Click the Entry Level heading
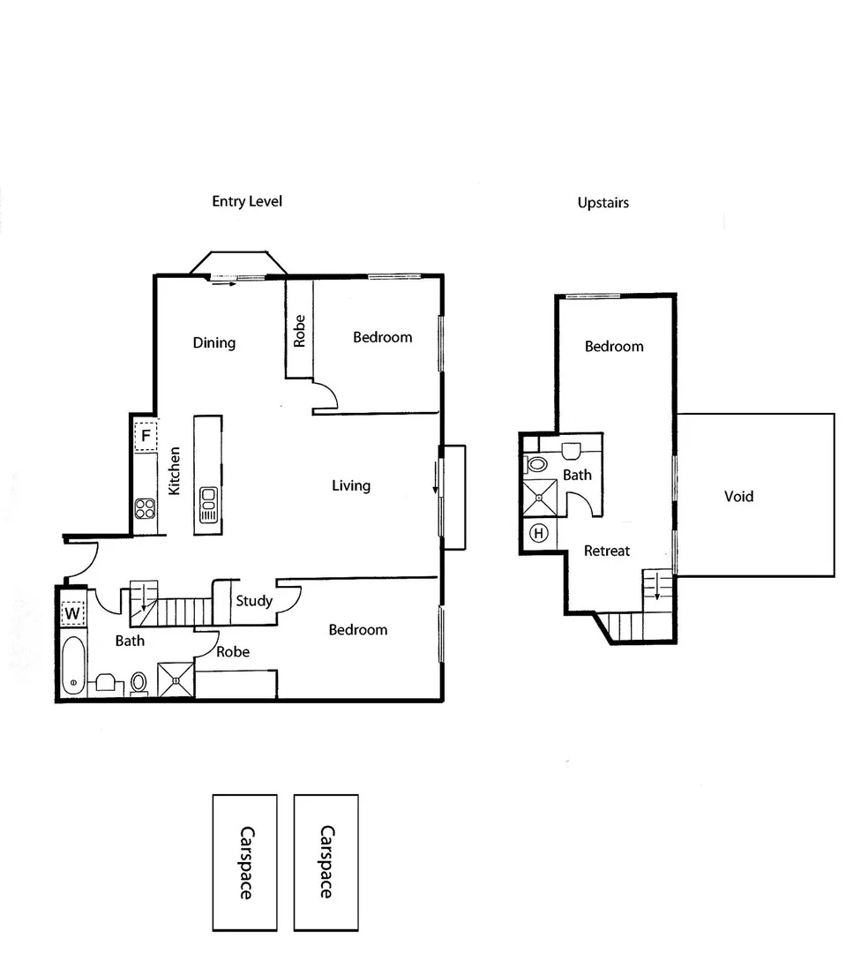[246, 201]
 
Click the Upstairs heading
[603, 203]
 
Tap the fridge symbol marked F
[146, 436]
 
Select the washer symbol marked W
[71, 612]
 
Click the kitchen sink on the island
[209, 504]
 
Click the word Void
[738, 497]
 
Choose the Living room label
[351, 485]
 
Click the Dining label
[213, 342]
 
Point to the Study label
[254, 601]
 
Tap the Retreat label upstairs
[607, 551]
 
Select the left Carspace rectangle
[244, 862]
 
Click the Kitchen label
[175, 470]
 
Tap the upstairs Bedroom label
[614, 347]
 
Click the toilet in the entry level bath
[139, 682]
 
